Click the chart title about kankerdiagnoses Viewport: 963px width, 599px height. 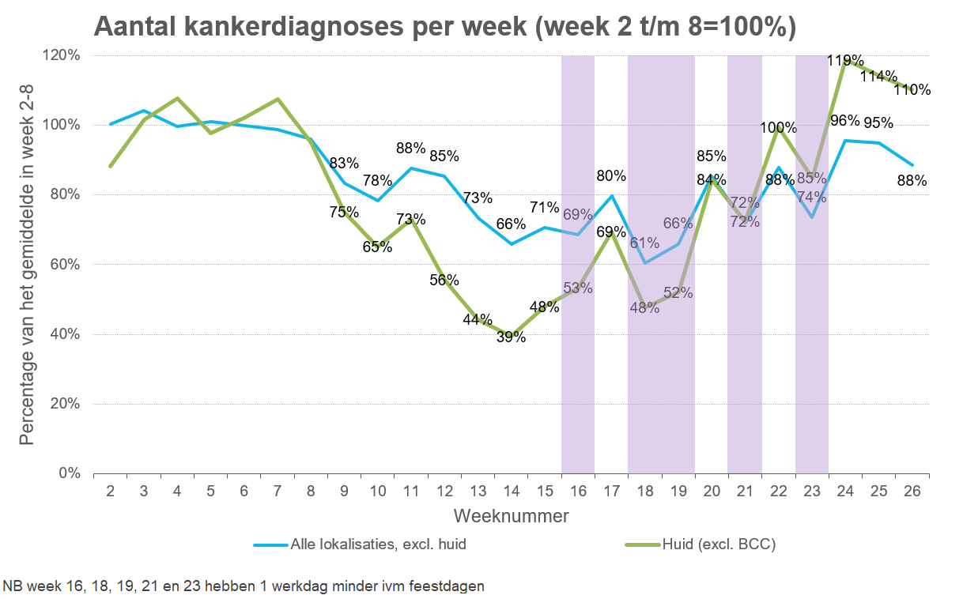pyautogui.click(x=444, y=26)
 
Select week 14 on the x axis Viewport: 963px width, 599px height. pyautogui.click(x=512, y=491)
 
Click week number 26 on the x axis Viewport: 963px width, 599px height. pyautogui.click(x=912, y=491)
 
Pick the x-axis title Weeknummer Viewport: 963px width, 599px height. pyautogui.click(x=512, y=516)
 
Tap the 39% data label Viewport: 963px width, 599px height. pyautogui.click(x=512, y=337)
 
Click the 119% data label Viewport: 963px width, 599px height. pyautogui.click(x=845, y=61)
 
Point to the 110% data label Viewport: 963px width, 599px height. pyautogui.click(x=912, y=89)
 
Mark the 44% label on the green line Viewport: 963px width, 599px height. pyautogui.click(x=478, y=320)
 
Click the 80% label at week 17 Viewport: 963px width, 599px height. pyautogui.click(x=611, y=176)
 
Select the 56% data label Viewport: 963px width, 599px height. pyautogui.click(x=444, y=281)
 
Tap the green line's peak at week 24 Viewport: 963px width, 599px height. pyautogui.click(x=845, y=59)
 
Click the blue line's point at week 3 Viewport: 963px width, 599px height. pyautogui.click(x=144, y=111)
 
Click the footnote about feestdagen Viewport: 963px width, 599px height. pyautogui.click(x=244, y=586)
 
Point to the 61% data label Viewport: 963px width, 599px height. pyautogui.click(x=644, y=243)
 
